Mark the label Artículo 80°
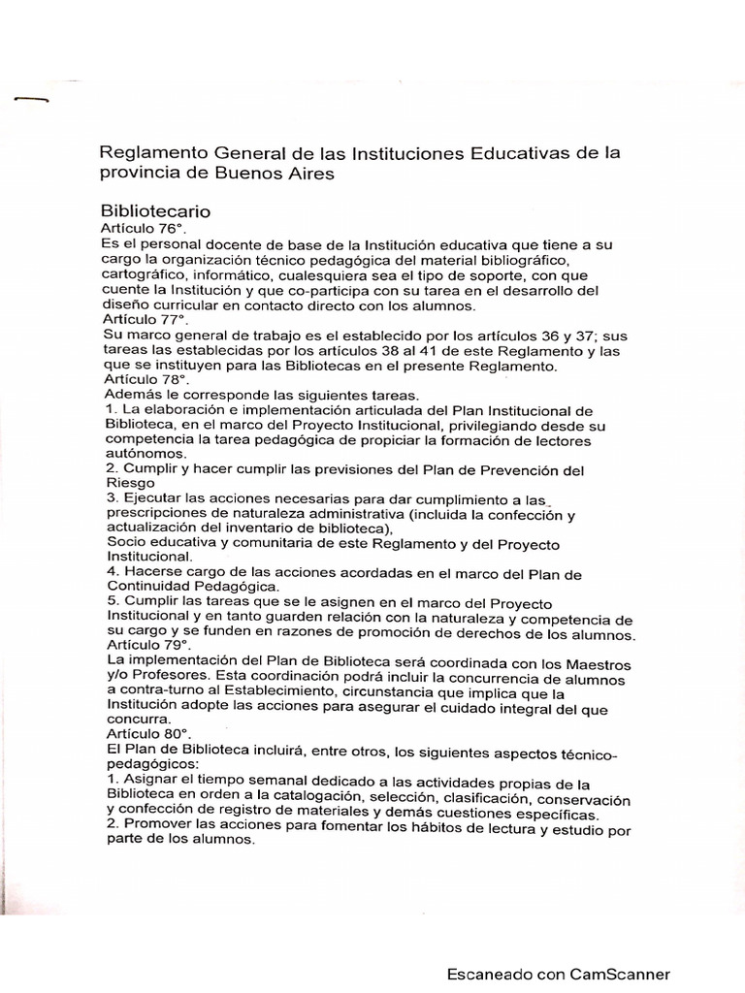coord(141,734)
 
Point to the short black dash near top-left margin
coord(30,99)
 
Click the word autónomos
coord(146,454)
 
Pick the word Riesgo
coord(128,485)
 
